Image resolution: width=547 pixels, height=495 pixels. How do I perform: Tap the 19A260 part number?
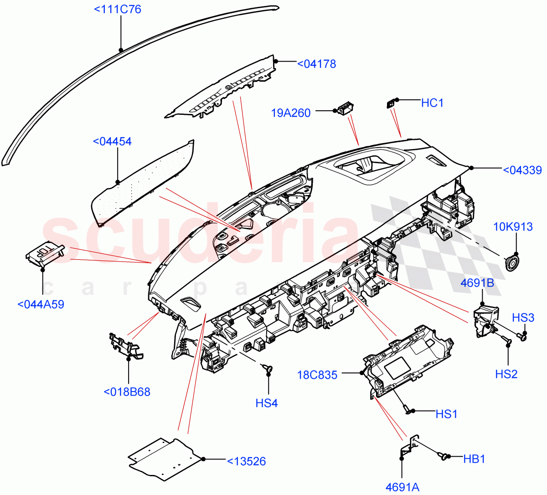click(x=291, y=113)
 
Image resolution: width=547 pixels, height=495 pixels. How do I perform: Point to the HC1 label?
click(x=432, y=103)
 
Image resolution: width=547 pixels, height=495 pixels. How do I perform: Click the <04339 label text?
click(x=522, y=170)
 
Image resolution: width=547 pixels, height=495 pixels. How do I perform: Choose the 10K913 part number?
click(x=513, y=227)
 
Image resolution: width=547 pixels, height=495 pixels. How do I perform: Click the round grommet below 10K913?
click(x=512, y=263)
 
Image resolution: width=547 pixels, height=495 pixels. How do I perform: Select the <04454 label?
click(x=112, y=141)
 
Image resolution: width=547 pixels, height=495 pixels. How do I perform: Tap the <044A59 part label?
click(x=41, y=304)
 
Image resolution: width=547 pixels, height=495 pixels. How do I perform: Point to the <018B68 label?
click(x=127, y=392)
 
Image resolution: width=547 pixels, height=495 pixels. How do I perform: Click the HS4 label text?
click(x=267, y=403)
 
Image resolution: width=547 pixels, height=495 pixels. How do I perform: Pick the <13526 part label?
click(x=246, y=461)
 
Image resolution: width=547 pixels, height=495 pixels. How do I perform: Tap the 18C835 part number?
click(x=317, y=375)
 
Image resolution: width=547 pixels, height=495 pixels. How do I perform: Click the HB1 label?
click(x=474, y=459)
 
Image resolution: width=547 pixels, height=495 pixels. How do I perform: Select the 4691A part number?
click(x=402, y=487)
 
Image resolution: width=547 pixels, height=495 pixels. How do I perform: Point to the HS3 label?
click(x=523, y=318)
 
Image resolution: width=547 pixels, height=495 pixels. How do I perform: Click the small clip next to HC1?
click(x=391, y=104)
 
